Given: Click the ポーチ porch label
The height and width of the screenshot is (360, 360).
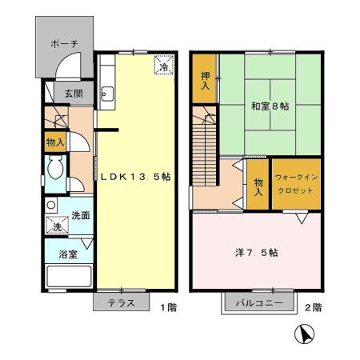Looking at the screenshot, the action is click(64, 43).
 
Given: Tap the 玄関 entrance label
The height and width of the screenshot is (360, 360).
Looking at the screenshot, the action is click(74, 94).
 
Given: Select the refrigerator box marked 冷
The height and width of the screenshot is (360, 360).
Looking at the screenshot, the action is click(164, 65).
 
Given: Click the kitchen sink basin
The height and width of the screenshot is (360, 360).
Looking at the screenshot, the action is click(107, 94).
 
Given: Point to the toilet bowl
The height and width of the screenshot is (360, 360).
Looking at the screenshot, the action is click(55, 167).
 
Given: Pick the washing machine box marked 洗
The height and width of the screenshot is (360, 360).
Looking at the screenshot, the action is click(57, 225).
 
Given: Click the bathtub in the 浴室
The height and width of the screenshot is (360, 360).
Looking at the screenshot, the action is click(69, 276).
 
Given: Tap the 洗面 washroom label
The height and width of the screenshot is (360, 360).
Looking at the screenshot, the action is click(81, 215).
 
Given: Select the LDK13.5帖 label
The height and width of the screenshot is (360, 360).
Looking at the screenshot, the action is click(135, 177).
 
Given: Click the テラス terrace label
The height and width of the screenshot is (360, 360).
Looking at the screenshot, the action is click(122, 303).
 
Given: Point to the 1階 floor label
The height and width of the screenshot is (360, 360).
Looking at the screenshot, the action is click(169, 307).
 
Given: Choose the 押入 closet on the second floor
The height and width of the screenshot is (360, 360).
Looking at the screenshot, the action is click(204, 78).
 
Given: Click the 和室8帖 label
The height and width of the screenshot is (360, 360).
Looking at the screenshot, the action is click(270, 106).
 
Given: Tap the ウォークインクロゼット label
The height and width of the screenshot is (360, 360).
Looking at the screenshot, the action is click(296, 184).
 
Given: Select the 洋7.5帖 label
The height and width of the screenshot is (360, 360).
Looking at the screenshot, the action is click(257, 252).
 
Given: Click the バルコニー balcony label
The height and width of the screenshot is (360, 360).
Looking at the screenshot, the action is click(259, 303).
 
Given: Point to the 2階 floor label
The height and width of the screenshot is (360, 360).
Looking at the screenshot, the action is click(314, 307).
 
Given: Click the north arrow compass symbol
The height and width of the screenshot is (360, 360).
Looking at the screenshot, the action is click(305, 334).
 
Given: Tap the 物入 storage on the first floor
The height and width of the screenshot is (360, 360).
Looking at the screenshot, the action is click(55, 142).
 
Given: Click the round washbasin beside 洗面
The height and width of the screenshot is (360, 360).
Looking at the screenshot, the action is click(51, 205).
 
